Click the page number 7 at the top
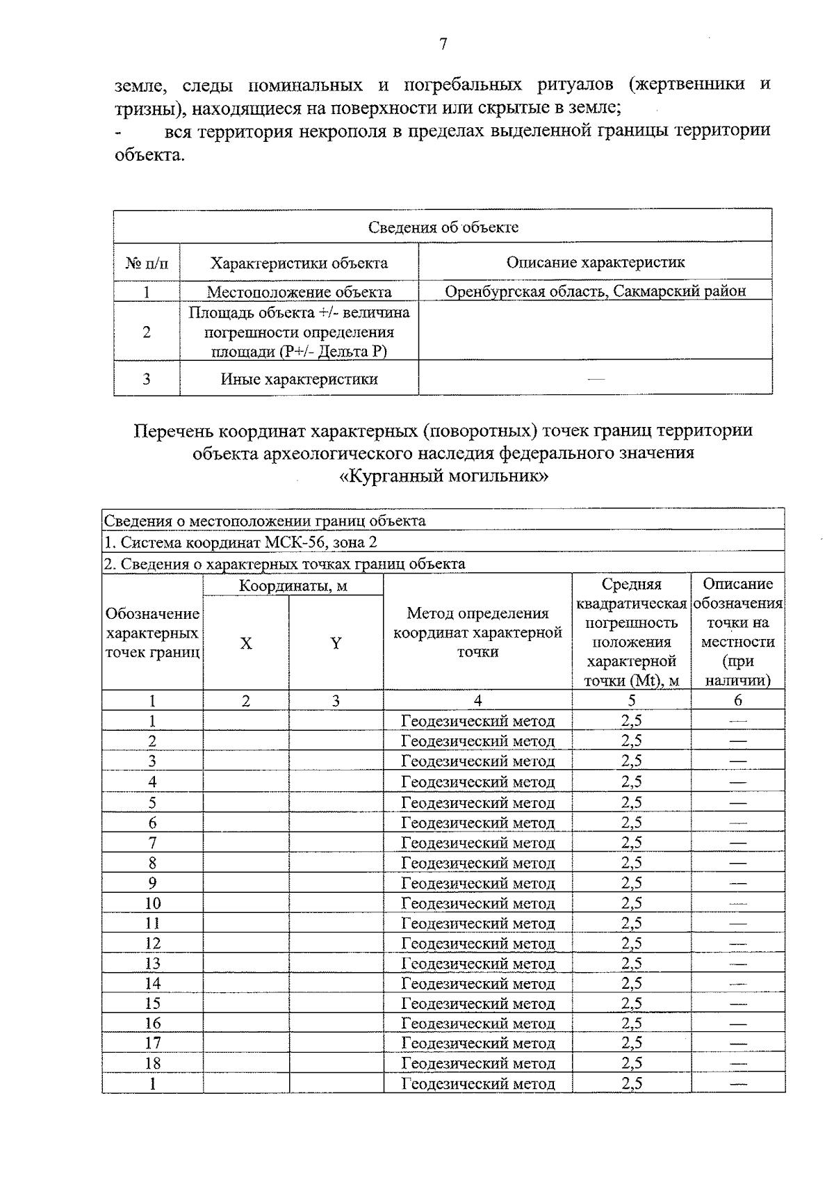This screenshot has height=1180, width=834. pos(443,45)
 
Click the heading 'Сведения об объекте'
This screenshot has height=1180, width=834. pos(443,227)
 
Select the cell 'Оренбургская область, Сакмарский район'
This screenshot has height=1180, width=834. pos(595,291)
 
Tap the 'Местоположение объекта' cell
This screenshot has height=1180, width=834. pos(299,292)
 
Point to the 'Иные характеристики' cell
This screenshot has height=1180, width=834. pos(299,379)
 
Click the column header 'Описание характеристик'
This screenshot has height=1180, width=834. pos(595,262)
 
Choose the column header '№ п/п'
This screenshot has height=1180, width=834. pos(147,263)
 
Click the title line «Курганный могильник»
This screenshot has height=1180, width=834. pos(443,476)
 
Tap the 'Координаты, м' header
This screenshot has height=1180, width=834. pos(293,585)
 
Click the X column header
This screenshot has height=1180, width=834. pos(246,643)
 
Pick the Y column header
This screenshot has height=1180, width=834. pos(336,643)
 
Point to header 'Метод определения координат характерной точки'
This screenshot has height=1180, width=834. pos(477,632)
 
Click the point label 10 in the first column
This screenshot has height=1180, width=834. pos(152,903)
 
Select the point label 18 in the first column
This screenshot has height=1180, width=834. pos(152,1063)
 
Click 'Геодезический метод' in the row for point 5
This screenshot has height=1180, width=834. pos(477,802)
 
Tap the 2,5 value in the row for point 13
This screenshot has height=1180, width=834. pos(631,963)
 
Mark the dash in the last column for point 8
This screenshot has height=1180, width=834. pos(737,863)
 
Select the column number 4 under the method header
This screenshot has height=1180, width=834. pos(477,701)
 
